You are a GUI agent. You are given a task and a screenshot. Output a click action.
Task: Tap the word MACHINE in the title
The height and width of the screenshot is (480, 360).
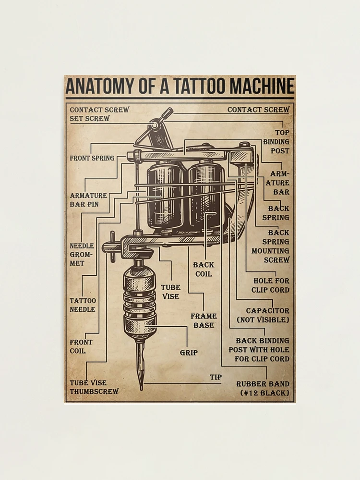[262, 86]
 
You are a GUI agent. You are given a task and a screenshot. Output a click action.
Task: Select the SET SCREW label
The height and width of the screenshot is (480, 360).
[90, 118]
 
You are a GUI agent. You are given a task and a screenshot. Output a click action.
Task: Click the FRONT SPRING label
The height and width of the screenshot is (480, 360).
[92, 158]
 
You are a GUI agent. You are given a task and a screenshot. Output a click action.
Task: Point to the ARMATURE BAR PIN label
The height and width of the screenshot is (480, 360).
[88, 200]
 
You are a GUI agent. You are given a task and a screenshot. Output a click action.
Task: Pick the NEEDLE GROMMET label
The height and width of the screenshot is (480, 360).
[82, 254]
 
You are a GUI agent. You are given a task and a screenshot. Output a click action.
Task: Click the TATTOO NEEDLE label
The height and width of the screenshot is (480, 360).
[83, 305]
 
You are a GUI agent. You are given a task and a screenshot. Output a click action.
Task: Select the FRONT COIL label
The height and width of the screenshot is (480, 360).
[81, 346]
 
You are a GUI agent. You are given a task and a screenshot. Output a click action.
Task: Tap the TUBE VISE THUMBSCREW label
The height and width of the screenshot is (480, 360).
[94, 387]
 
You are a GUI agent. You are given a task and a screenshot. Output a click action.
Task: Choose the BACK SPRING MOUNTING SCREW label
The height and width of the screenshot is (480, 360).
[271, 246]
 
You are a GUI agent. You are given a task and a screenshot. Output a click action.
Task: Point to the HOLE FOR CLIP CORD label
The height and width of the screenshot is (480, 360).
[271, 285]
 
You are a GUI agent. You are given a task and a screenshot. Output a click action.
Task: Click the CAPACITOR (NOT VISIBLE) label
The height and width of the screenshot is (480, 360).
[264, 315]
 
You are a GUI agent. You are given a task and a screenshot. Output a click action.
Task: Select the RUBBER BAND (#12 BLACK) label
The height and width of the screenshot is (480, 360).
[264, 388]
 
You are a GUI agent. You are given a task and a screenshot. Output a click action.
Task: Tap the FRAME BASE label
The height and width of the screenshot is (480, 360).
[204, 320]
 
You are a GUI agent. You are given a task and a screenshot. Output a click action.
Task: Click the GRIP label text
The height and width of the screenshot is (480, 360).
[189, 353]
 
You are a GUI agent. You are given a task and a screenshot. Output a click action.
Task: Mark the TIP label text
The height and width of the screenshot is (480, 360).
[216, 377]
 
